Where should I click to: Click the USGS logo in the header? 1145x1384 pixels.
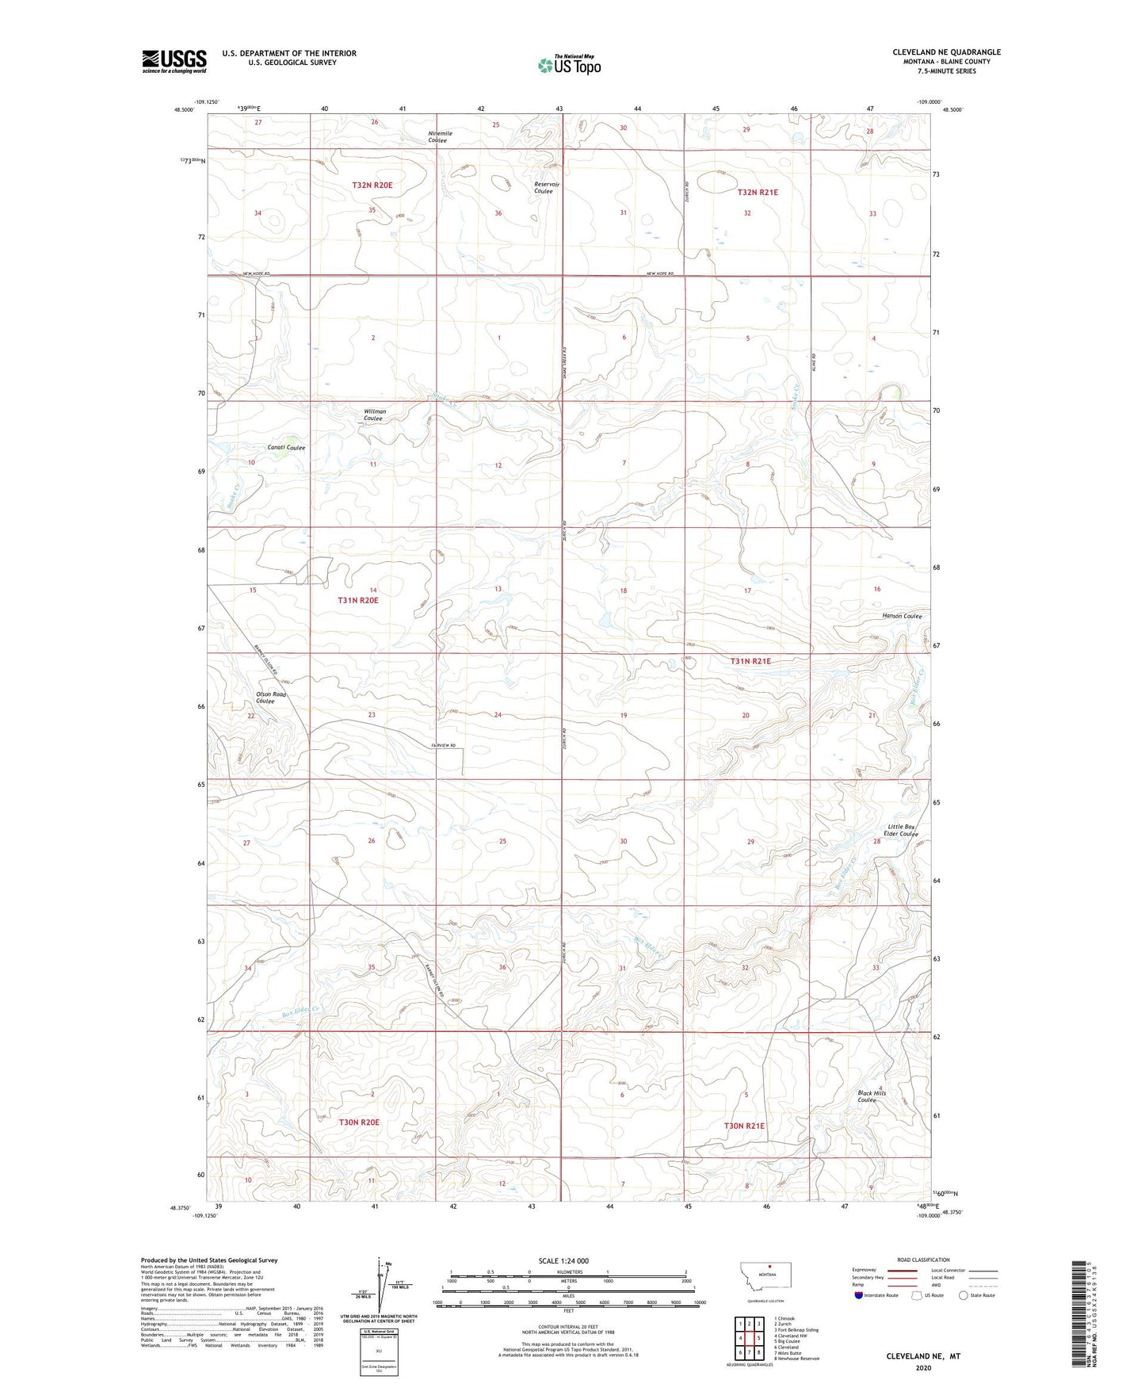click(174, 61)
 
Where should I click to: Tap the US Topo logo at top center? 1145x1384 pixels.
click(569, 65)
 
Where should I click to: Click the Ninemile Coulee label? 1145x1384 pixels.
click(440, 137)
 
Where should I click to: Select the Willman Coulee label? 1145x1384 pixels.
click(375, 415)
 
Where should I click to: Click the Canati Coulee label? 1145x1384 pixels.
click(286, 448)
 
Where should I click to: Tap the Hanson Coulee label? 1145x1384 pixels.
click(902, 616)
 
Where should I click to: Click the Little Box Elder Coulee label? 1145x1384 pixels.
click(901, 830)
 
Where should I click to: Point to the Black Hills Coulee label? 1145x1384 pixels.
click(872, 1096)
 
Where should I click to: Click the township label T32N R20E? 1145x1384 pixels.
click(372, 185)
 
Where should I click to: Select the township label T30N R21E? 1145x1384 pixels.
click(744, 1126)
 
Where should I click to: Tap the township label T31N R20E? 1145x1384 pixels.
click(358, 601)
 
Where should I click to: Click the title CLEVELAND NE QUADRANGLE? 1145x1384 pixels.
click(946, 52)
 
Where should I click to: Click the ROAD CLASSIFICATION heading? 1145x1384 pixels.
click(923, 1260)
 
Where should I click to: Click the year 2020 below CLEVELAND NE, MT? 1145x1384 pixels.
click(922, 1368)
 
